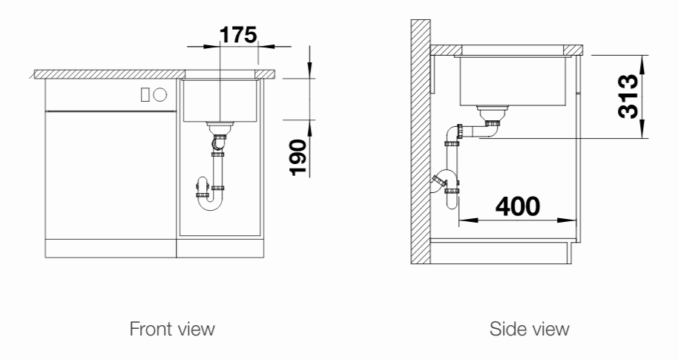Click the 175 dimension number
coord(238,35)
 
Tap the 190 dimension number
coord(298,157)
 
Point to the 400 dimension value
coord(518,206)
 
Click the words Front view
coord(172,329)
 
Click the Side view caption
coord(529,329)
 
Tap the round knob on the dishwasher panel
coord(160,94)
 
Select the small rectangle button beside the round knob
coord(145,94)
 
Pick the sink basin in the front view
coord(220,100)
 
